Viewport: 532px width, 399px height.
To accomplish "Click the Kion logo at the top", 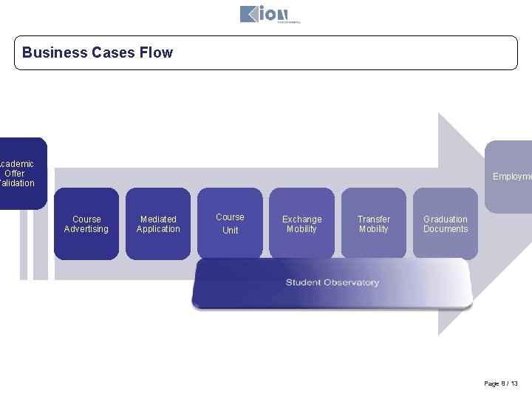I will (x=265, y=14).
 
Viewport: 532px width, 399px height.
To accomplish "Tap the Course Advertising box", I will (x=86, y=224).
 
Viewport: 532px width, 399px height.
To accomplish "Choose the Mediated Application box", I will (x=158, y=224).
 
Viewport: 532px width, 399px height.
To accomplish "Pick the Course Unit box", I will (x=230, y=224).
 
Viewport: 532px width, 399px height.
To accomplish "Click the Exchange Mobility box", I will (x=301, y=224).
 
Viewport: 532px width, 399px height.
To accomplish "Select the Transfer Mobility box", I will (x=373, y=224).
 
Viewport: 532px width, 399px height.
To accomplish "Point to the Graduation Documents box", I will (x=445, y=224).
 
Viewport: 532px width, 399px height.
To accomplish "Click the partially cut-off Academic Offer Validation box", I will (x=21, y=174).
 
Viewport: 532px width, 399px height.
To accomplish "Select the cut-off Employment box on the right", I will (x=510, y=176).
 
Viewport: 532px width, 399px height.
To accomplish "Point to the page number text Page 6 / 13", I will (x=501, y=383).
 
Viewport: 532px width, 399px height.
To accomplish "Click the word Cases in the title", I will (x=113, y=52).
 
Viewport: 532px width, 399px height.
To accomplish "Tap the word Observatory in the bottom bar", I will (x=352, y=283).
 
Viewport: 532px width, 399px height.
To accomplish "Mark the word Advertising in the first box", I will (x=86, y=229).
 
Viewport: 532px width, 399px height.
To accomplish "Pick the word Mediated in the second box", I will (x=158, y=219).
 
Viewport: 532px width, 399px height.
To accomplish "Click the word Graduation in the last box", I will (x=445, y=219).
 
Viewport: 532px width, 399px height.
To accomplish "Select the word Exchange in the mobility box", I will (x=301, y=219).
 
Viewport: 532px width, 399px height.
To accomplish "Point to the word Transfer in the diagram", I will (x=373, y=219).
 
